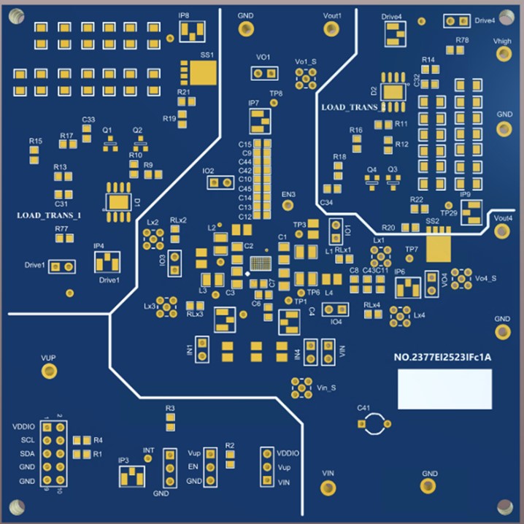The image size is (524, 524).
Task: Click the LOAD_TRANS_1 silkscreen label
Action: pos(48,216)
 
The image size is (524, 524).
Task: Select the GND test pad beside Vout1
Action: pos(246,29)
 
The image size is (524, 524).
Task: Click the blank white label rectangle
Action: pos(444,389)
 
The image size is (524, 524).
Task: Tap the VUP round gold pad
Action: pos(49,371)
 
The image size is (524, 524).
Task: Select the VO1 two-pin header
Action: pos(264,73)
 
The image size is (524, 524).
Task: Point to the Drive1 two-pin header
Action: pos(62,267)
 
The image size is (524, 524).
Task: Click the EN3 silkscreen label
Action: pos(288,195)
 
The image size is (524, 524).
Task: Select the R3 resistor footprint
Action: pos(170,421)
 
